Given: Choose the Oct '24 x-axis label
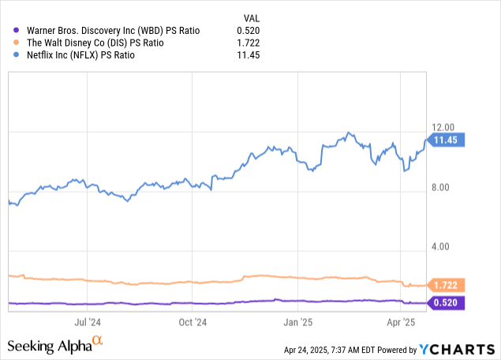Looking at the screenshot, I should (193, 322).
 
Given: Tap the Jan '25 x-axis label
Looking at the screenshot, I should (297, 322).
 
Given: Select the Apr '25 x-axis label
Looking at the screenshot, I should (400, 322).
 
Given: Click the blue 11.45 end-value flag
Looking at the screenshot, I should (447, 141).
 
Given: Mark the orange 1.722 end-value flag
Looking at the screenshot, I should (447, 285).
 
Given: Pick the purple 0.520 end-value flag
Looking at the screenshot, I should (447, 302).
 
